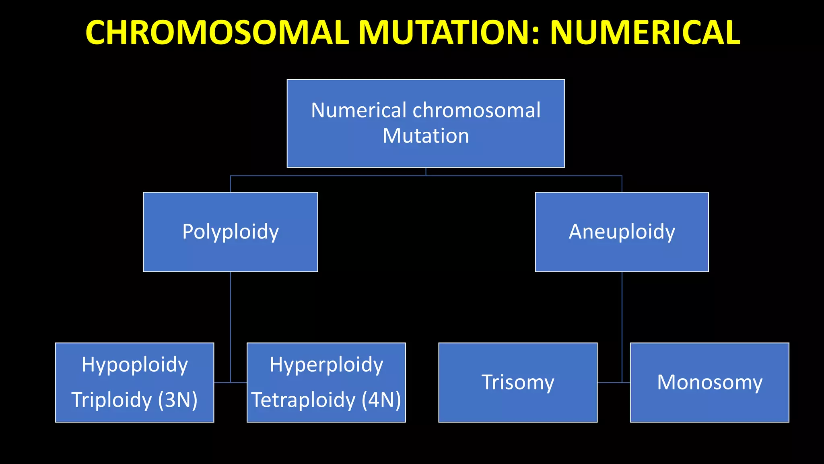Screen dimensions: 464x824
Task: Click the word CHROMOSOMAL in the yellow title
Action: [217, 33]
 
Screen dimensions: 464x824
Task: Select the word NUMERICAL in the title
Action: [645, 33]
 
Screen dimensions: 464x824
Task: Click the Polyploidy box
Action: [230, 232]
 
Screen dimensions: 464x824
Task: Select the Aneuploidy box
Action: [622, 232]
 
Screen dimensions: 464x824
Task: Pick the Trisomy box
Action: [518, 382]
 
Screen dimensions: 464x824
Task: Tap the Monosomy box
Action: [709, 382]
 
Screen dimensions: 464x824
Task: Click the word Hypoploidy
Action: [135, 365]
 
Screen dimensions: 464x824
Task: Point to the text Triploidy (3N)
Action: [135, 400]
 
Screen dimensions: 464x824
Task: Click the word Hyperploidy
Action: [326, 365]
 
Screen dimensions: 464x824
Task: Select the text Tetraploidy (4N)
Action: [326, 400]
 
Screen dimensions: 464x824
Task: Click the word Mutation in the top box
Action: [426, 136]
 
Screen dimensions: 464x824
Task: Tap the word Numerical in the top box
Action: [358, 110]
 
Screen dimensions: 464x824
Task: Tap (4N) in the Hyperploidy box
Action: [381, 400]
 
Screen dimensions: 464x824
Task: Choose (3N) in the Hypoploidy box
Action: [177, 400]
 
